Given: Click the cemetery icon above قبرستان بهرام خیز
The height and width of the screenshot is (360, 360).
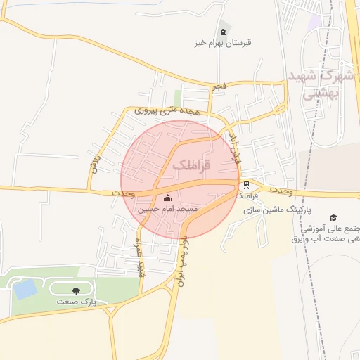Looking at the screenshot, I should pos(224,32).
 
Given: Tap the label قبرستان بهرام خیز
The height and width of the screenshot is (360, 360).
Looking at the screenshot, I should pos(224,43).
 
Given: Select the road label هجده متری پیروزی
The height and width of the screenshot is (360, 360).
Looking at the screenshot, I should pos(159,110).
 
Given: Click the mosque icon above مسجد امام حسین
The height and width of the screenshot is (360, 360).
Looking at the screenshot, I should pos(167,198).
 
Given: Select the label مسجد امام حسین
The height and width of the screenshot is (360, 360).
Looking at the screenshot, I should pos(167,210).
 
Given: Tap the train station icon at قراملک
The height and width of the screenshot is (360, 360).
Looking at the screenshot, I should pos(246,186).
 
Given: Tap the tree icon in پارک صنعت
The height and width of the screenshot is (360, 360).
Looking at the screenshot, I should pos(75,290).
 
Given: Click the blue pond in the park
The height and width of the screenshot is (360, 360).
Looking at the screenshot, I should pos(25,288).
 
